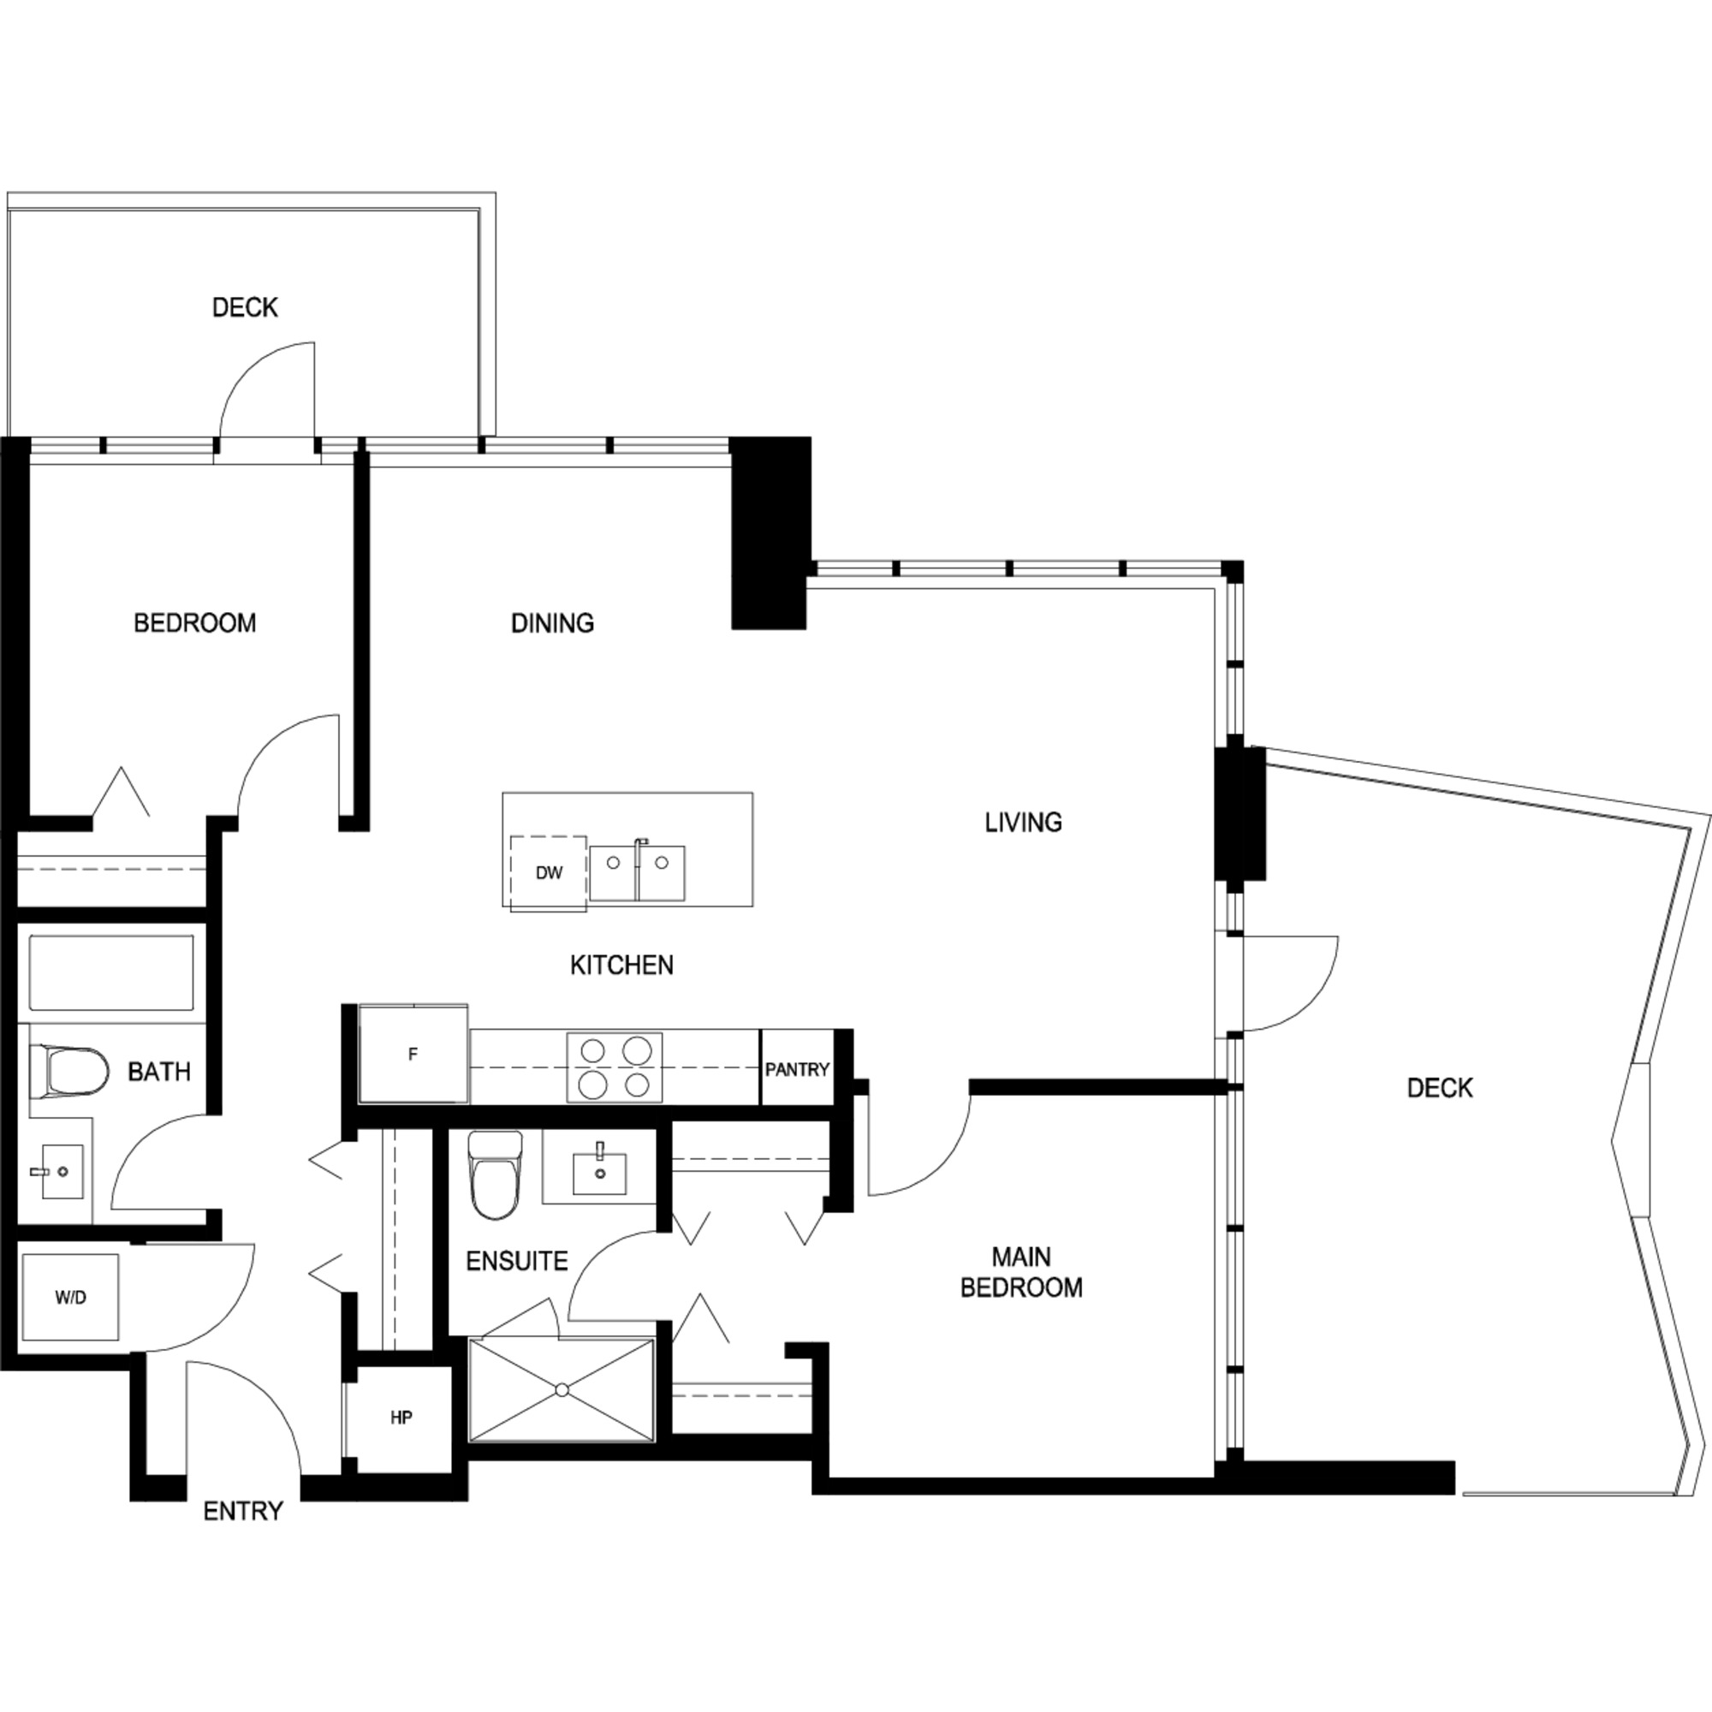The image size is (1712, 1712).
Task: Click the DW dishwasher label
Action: tap(550, 873)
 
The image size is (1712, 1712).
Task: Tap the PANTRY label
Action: tap(797, 1069)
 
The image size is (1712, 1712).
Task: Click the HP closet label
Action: tap(401, 1418)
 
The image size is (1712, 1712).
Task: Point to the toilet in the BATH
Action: tap(68, 1071)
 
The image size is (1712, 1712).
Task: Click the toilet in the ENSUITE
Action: tap(494, 1175)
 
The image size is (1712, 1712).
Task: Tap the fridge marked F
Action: tap(413, 1054)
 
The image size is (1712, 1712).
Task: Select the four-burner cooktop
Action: tap(614, 1067)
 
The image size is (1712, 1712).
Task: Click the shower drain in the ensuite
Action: tap(562, 1390)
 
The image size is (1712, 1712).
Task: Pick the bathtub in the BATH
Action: tap(111, 973)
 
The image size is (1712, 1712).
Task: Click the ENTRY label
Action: tap(243, 1511)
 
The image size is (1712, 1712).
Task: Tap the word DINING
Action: tap(552, 623)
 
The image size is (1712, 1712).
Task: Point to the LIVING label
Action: tap(1024, 823)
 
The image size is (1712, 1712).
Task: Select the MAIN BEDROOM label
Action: tap(1022, 1273)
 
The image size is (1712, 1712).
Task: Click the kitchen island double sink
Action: tap(637, 873)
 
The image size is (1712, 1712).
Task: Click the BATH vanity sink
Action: tap(62, 1172)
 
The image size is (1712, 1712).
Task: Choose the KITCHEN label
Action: tap(621, 965)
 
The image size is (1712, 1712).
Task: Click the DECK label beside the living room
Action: tap(1440, 1088)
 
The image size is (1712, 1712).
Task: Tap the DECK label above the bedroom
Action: tap(245, 307)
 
